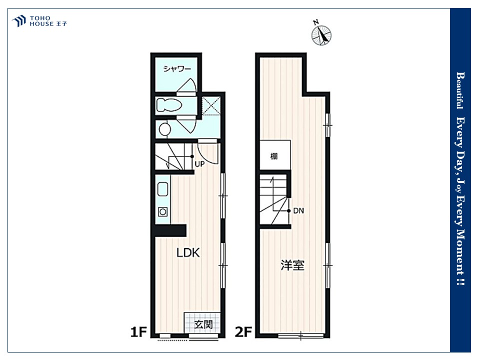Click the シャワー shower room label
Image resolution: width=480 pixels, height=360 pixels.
177,68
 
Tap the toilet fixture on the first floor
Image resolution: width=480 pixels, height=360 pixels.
169,105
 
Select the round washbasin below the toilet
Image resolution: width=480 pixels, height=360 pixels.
164,129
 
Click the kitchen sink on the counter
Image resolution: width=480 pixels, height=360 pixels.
163,189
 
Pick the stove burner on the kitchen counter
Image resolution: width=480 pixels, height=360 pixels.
162,211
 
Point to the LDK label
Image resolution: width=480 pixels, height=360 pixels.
188,252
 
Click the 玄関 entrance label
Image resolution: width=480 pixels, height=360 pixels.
203,324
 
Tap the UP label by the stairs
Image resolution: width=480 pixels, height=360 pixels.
199,164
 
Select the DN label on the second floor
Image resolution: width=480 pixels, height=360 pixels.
298,210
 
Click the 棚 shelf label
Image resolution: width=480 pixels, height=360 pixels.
274,156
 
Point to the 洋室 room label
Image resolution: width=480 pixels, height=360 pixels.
292,265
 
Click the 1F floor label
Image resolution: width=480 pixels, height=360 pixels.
138,332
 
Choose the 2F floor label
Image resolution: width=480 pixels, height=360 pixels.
243,332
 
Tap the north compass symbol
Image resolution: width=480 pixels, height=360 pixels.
321,34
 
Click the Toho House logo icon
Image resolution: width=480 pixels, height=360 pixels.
19,21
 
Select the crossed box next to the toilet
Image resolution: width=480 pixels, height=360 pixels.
211,105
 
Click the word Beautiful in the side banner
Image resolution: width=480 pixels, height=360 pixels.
460,90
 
